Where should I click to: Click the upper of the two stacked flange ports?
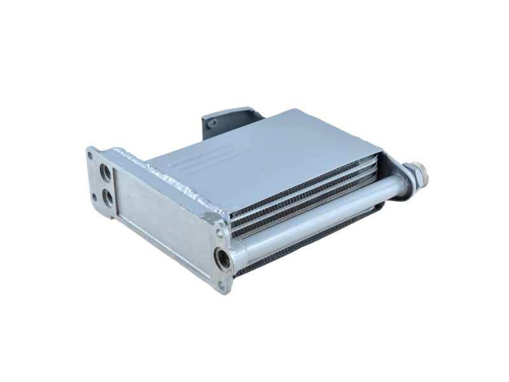pos(104,173)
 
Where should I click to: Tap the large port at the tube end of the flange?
pos(225,258)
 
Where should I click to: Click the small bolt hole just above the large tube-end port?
pos(218,230)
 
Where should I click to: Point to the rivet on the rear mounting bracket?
pos(213,123)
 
